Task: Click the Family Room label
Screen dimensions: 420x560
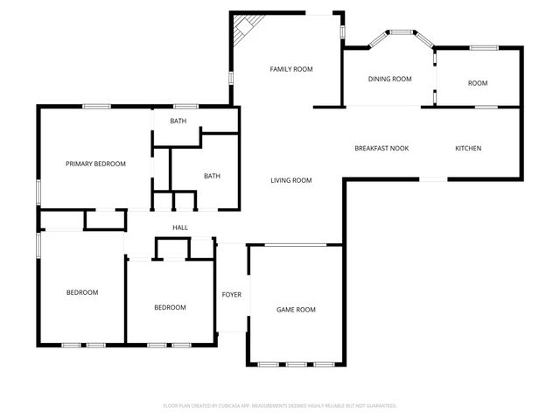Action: coord(290,69)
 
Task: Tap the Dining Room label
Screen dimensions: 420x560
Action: coord(389,79)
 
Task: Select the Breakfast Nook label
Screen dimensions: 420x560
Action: coord(381,148)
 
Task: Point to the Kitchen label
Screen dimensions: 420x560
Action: coord(468,148)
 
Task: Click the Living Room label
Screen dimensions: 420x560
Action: coord(290,180)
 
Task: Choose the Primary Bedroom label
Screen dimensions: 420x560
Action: coord(95,164)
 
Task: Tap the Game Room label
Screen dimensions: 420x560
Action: coord(296,310)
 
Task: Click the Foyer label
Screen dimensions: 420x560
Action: coord(231,294)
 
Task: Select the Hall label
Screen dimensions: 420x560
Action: coord(179,227)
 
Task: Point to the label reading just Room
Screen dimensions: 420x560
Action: coord(477,83)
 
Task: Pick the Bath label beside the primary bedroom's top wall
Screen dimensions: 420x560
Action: coord(178,121)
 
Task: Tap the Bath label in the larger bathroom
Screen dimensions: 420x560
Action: coord(212,176)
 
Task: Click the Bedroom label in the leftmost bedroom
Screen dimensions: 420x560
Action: coord(82,292)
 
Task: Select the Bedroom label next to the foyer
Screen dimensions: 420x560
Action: coord(170,307)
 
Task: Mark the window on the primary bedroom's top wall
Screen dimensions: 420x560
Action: coord(96,107)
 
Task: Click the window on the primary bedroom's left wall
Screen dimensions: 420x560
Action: coord(38,191)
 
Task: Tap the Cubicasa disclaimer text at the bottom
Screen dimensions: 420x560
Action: coord(280,406)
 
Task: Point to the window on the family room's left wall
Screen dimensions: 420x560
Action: coord(231,78)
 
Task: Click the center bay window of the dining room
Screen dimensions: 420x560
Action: coord(402,33)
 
